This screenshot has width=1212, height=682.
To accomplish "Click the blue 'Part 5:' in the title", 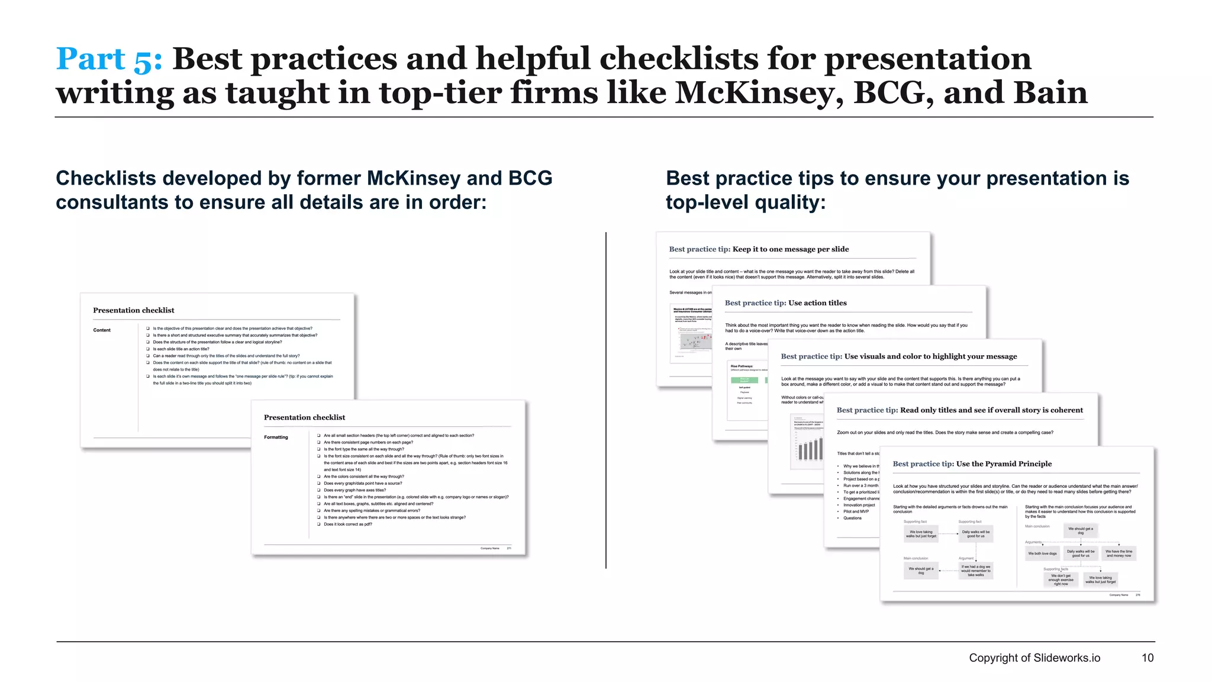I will click(108, 59).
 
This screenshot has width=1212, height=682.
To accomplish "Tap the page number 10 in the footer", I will click(1147, 658).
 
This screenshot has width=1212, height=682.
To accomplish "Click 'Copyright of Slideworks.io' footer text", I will click(1034, 658).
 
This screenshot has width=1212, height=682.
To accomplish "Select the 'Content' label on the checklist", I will click(102, 330).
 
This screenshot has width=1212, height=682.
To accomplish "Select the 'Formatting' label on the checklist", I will click(276, 437).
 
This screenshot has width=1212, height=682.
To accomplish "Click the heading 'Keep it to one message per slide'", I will click(790, 249).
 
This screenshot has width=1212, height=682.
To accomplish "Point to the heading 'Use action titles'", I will click(817, 303).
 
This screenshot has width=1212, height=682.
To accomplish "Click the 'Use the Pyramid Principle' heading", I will click(1004, 464).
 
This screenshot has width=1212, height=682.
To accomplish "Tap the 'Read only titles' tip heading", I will click(991, 410).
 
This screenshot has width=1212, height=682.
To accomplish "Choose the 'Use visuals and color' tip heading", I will click(930, 356).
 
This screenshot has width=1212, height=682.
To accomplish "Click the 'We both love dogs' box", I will click(1042, 554).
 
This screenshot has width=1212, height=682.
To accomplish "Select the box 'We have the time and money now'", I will click(1118, 554).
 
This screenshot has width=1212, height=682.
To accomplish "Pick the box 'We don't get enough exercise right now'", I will click(1060, 580).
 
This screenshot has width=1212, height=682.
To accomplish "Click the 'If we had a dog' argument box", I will click(975, 571).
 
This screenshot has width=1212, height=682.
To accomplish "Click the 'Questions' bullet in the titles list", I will click(852, 518).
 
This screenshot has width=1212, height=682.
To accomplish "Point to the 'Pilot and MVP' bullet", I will click(856, 511).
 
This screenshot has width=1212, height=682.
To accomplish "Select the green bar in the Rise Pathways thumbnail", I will click(744, 380).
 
